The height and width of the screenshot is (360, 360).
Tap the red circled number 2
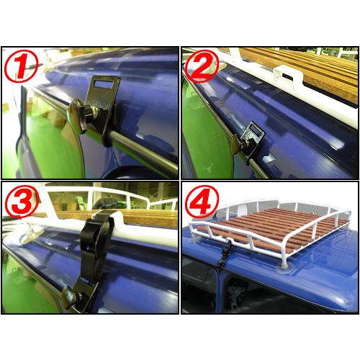point(202,66)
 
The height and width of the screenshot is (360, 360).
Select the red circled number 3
point(22,201)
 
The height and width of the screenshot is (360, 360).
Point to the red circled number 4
point(202,201)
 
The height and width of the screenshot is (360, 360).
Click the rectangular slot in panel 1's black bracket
point(104,84)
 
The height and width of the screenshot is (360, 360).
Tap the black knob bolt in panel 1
point(79,115)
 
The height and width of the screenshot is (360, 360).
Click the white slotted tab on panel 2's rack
point(287,76)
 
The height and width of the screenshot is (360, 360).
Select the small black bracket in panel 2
point(250,139)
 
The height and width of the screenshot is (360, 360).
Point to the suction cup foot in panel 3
point(31,234)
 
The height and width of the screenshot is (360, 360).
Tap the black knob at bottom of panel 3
point(69,297)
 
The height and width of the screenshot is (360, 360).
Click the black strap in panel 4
point(225,252)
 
